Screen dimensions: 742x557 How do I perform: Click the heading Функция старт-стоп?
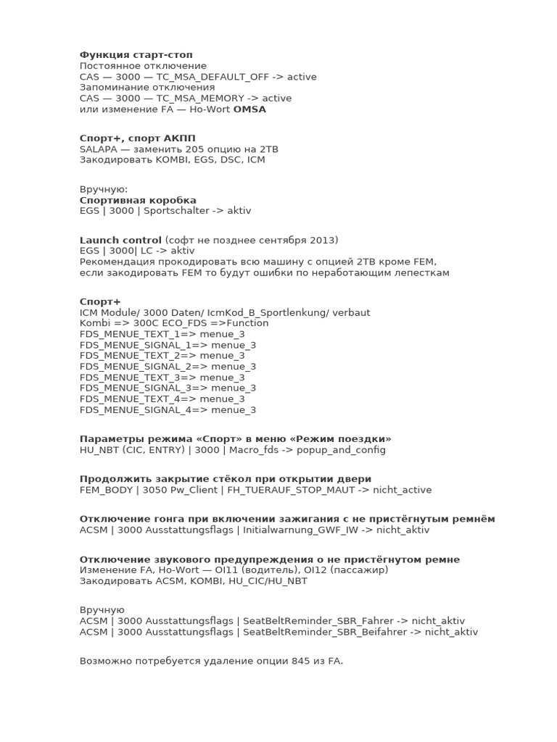pyautogui.click(x=136, y=55)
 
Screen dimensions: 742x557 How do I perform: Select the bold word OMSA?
pyautogui.click(x=249, y=109)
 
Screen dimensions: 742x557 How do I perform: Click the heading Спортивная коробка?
pyautogui.click(x=138, y=200)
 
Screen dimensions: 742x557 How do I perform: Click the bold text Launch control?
pyautogui.click(x=120, y=240)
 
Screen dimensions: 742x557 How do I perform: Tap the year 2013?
pyautogui.click(x=323, y=240)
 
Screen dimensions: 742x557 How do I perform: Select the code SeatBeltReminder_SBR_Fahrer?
pyautogui.click(x=318, y=621)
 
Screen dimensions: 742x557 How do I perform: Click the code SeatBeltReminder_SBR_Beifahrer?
pyautogui.click(x=325, y=632)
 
